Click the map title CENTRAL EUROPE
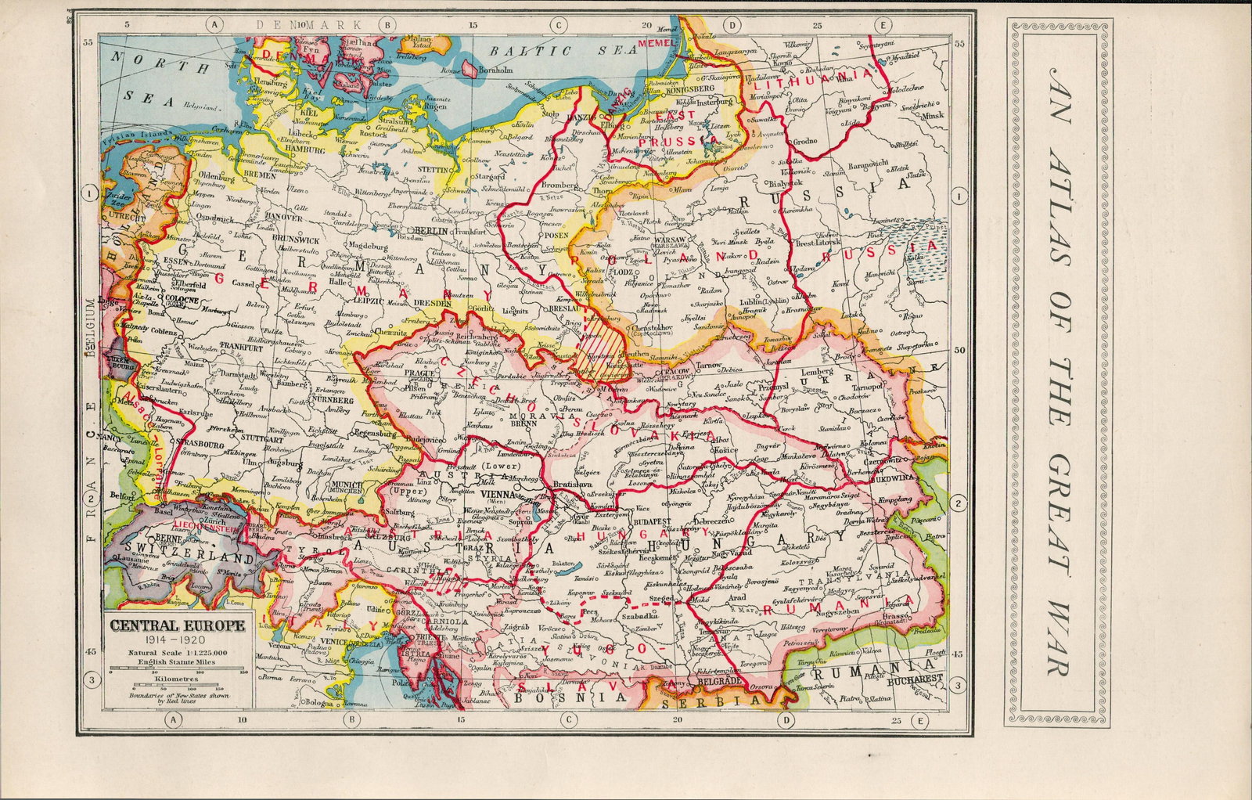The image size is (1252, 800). pyautogui.click(x=177, y=626)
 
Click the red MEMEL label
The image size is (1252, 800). pyautogui.click(x=655, y=42)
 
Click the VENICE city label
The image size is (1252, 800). pyautogui.click(x=336, y=641)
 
